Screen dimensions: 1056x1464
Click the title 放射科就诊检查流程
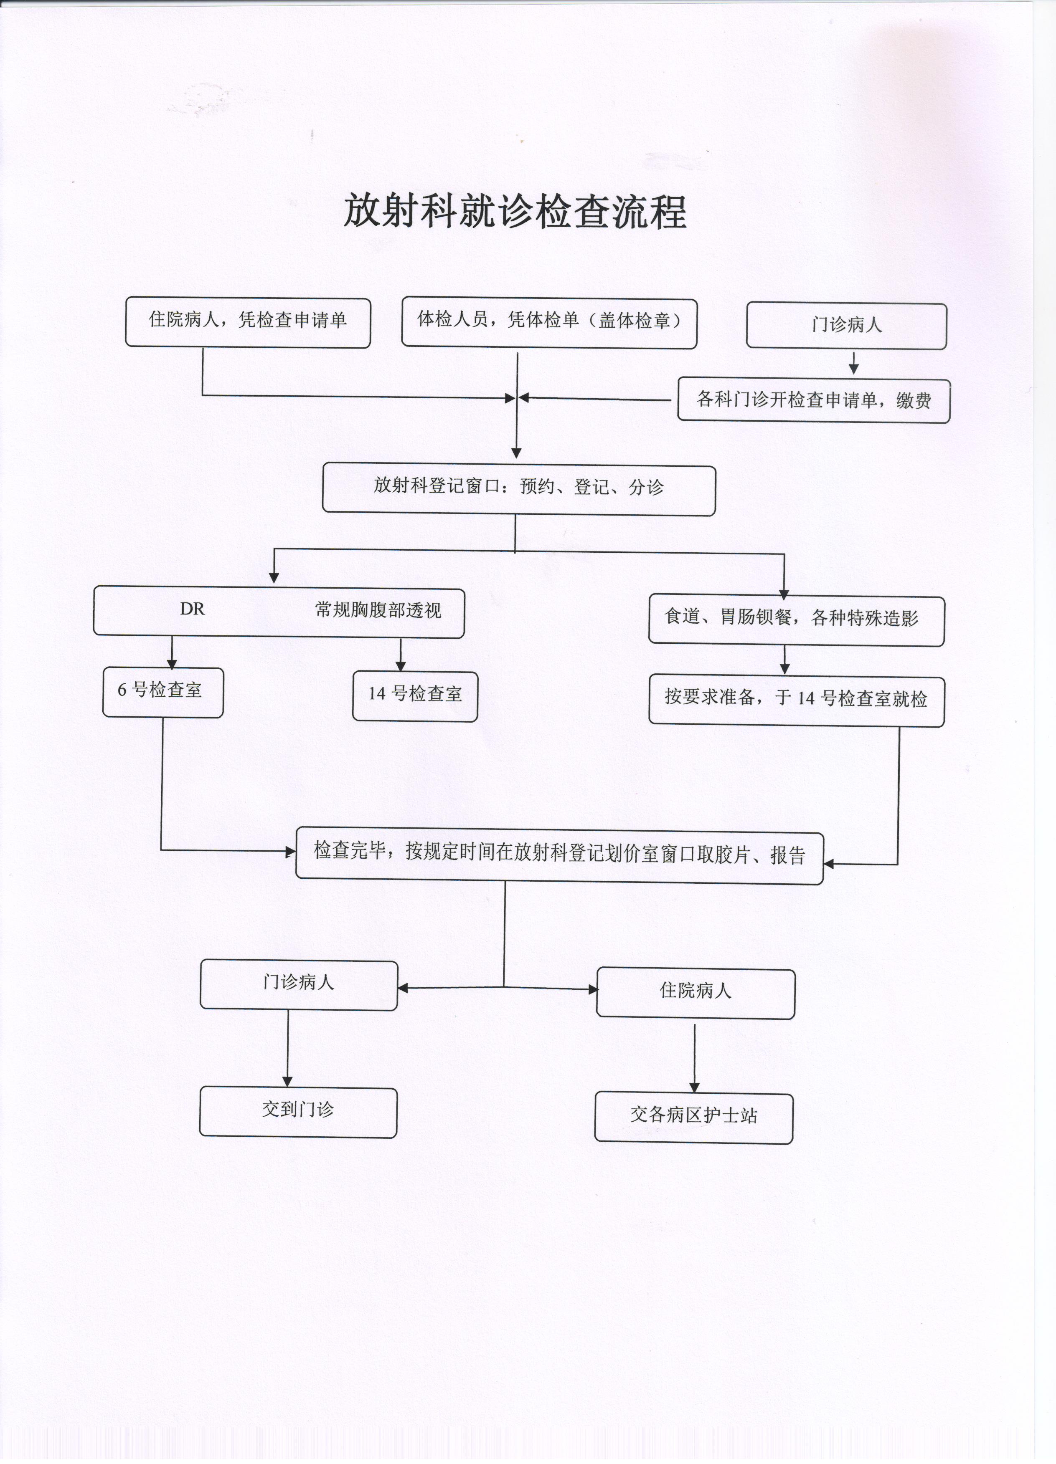click(514, 210)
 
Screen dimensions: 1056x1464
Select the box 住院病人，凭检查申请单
click(248, 322)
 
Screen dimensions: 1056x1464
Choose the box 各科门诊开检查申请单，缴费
click(814, 400)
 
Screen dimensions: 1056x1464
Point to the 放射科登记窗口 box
click(519, 490)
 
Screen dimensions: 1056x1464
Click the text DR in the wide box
click(193, 609)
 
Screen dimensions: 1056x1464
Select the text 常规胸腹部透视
click(378, 610)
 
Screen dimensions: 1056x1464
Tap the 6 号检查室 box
click(163, 692)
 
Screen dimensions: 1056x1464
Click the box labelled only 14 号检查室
click(415, 696)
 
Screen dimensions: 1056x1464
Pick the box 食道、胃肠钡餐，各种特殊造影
click(796, 620)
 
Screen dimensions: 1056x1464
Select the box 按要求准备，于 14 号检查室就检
click(796, 701)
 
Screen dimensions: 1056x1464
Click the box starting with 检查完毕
click(559, 858)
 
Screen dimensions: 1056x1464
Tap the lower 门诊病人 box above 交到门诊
click(298, 985)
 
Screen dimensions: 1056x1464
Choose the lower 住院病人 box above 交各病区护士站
click(696, 994)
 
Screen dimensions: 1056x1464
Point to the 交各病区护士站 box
click(694, 1118)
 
